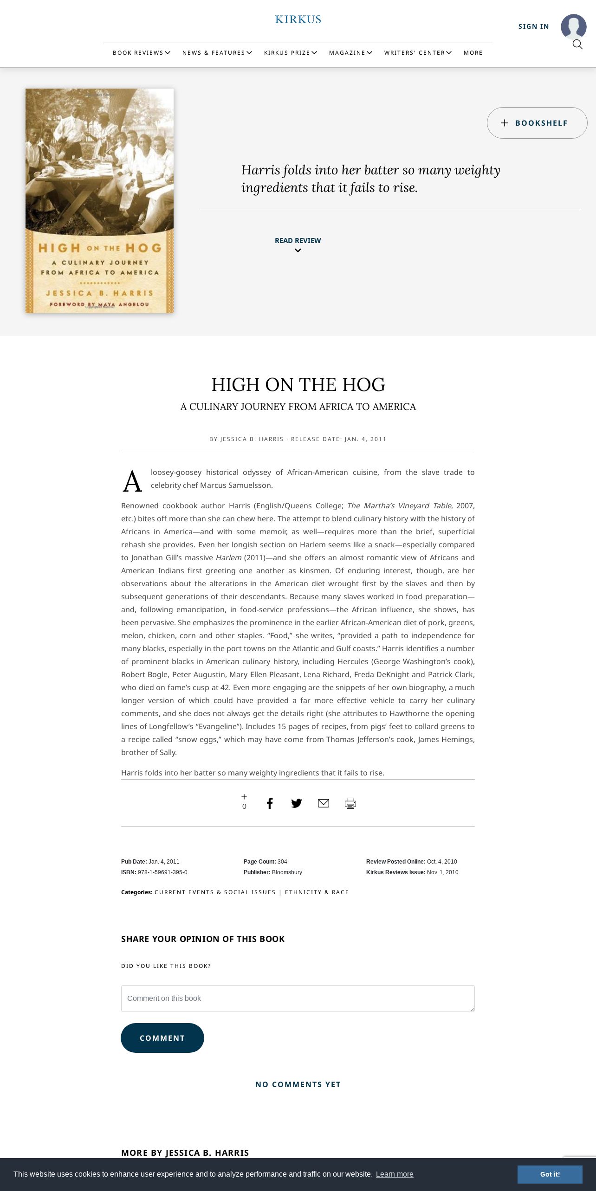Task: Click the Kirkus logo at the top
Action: click(298, 19)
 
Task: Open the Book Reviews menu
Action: click(141, 53)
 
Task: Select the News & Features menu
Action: click(217, 53)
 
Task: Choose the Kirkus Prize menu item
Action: click(290, 53)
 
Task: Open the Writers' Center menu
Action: click(418, 53)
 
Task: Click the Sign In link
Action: click(533, 26)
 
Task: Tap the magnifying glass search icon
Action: click(577, 45)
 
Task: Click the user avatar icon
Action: click(573, 26)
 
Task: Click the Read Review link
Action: click(298, 241)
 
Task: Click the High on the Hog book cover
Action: click(99, 200)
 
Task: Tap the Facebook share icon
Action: click(270, 803)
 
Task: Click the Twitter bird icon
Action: click(297, 803)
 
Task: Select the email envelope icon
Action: click(324, 803)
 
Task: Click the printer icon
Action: click(350, 803)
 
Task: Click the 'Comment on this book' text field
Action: click(298, 999)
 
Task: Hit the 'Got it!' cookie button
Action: click(550, 1174)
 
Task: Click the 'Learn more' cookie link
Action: click(395, 1174)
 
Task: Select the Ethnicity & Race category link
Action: click(317, 892)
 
